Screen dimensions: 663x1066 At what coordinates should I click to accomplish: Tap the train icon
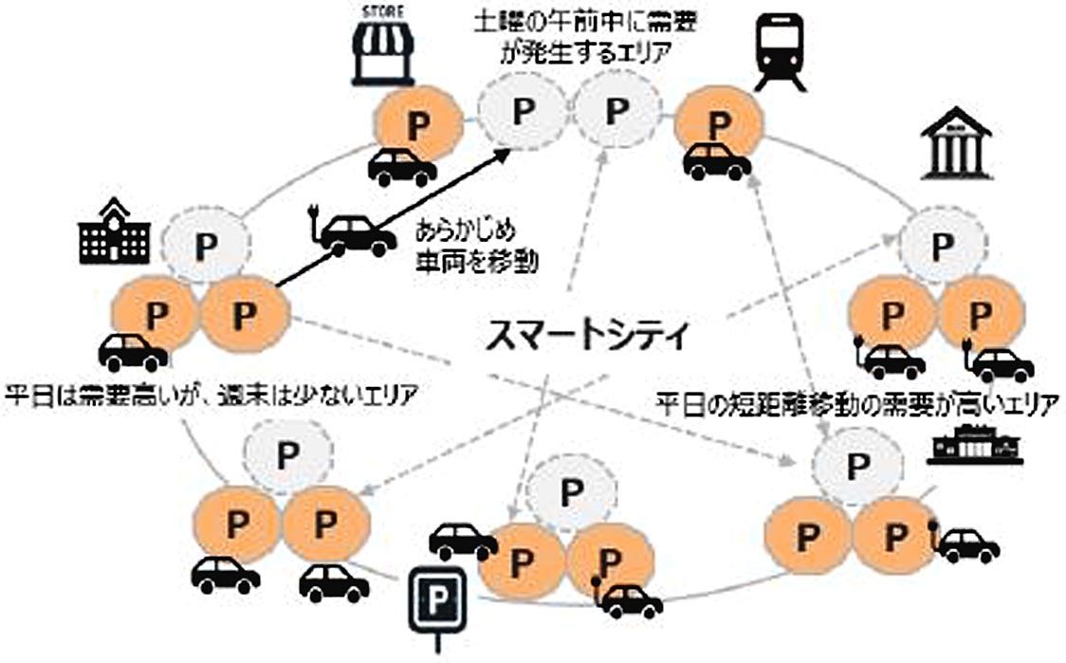[x=781, y=55]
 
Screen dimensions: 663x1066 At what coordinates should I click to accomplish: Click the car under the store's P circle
[x=402, y=168]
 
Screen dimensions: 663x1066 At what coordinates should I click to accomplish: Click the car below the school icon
[x=133, y=352]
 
